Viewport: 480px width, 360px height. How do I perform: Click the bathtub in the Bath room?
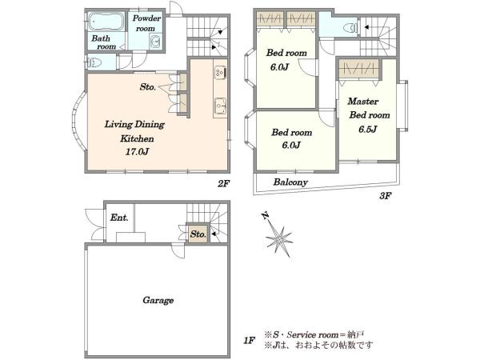106,22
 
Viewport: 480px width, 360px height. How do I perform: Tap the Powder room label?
146,23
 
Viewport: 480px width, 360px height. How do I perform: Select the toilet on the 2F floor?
94,62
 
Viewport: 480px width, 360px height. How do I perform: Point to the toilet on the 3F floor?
351,28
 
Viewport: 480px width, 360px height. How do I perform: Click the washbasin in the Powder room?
156,41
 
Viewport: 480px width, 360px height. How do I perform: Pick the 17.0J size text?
137,151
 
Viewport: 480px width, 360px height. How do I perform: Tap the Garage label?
158,300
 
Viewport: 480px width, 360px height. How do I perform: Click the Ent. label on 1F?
119,218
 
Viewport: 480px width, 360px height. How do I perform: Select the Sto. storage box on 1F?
198,234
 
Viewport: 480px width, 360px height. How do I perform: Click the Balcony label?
290,182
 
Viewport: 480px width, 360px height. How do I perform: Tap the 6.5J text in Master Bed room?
367,130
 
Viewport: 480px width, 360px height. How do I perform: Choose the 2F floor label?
223,184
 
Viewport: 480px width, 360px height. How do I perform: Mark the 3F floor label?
386,196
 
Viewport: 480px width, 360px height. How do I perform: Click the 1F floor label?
250,341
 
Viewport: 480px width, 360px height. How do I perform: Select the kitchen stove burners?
220,73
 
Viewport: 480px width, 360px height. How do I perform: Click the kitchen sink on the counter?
220,106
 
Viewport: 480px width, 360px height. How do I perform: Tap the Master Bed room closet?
358,69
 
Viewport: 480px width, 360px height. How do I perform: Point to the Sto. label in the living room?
147,87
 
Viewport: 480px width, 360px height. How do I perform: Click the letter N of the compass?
265,216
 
